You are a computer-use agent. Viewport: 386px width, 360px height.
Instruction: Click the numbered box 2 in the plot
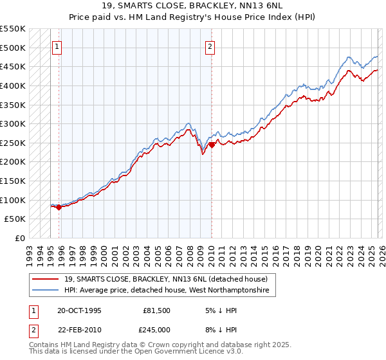210,46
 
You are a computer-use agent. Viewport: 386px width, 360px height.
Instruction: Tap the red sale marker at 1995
59,207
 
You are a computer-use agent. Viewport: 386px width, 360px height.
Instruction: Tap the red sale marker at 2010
212,145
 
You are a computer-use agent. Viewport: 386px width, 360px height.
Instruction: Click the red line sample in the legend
47,280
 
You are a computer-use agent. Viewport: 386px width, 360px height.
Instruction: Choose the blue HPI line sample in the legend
47,291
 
